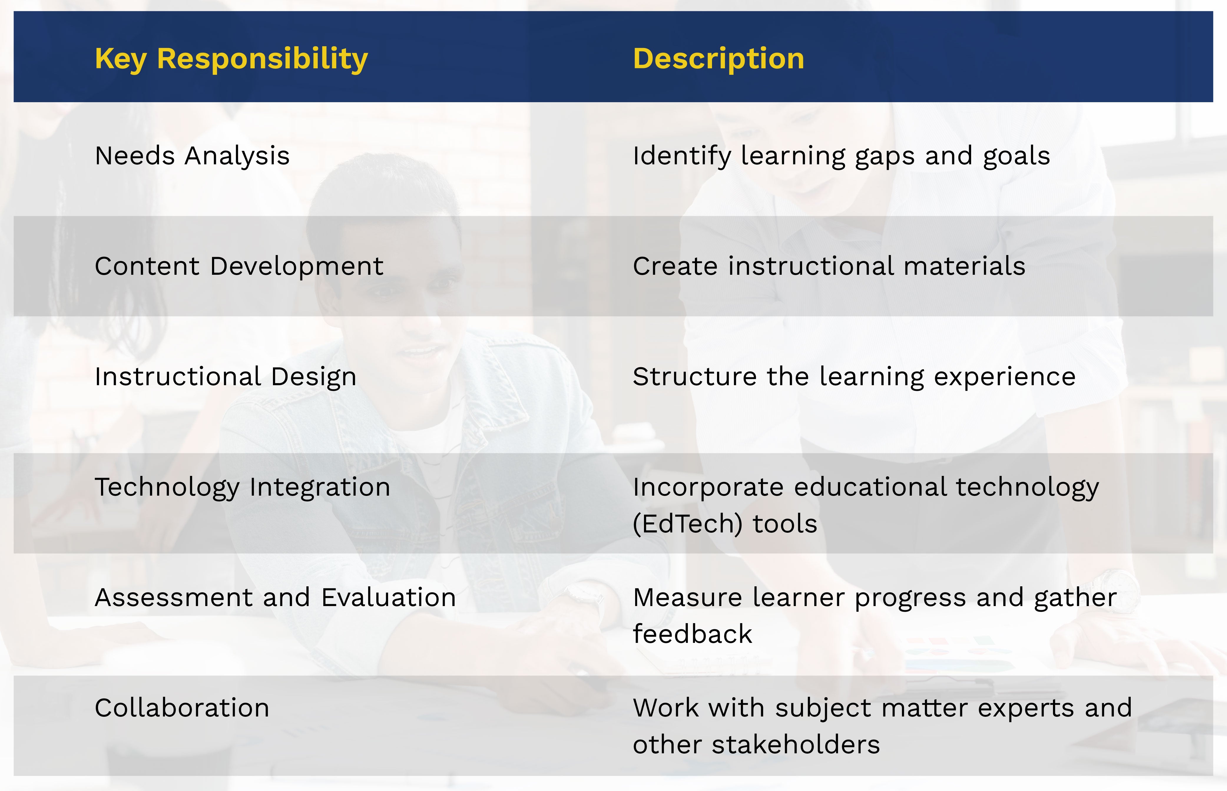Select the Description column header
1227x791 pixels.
tap(718, 59)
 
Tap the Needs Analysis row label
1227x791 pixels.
tap(192, 155)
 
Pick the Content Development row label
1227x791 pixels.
tap(239, 266)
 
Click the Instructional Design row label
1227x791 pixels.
tap(226, 376)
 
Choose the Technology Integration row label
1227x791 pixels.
tap(242, 487)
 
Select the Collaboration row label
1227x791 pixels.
tap(182, 708)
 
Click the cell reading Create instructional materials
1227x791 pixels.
tap(829, 266)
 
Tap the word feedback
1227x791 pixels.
tap(692, 634)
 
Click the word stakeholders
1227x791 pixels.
tap(796, 744)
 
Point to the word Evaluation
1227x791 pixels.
tap(389, 597)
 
